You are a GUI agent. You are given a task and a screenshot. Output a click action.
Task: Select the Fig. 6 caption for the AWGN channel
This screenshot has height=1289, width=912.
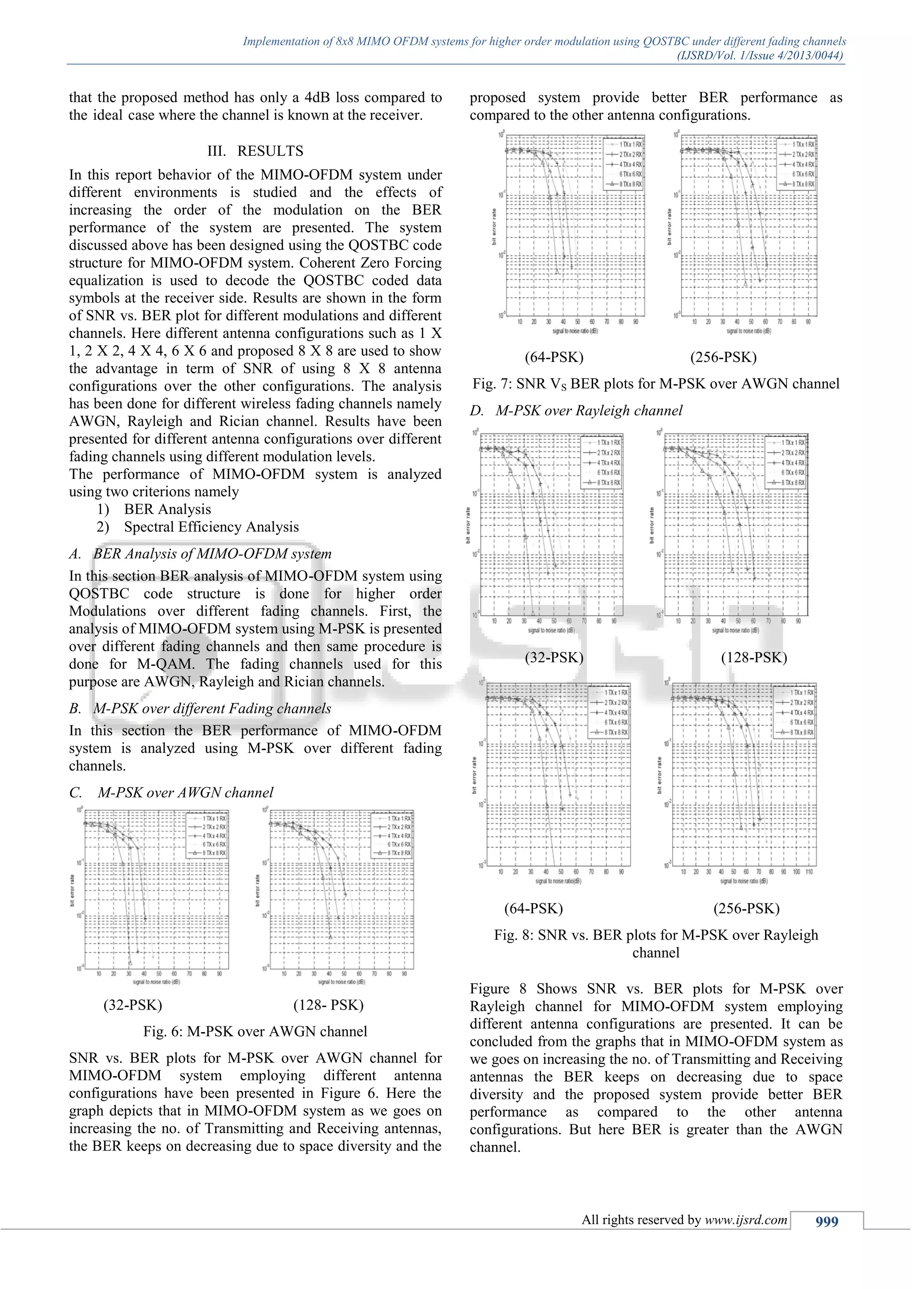coord(255,1031)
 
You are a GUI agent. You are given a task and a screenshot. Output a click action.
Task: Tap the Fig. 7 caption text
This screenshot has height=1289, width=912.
coord(655,384)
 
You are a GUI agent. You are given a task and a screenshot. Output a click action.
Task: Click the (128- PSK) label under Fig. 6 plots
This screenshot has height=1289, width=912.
coord(329,1005)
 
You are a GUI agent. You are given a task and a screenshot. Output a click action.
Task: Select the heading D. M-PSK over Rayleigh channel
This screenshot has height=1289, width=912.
coord(576,411)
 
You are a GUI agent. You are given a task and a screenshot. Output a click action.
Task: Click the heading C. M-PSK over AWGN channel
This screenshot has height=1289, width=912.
coord(171,793)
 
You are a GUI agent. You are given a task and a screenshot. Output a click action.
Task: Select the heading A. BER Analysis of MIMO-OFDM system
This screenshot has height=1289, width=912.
coord(200,554)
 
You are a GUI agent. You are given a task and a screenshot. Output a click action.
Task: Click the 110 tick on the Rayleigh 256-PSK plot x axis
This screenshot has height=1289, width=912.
coord(809,872)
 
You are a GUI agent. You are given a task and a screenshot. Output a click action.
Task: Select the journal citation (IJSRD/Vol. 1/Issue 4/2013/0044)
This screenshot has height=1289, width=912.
coord(760,56)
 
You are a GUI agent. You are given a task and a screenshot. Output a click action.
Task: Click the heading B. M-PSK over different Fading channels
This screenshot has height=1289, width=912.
coord(200,709)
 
